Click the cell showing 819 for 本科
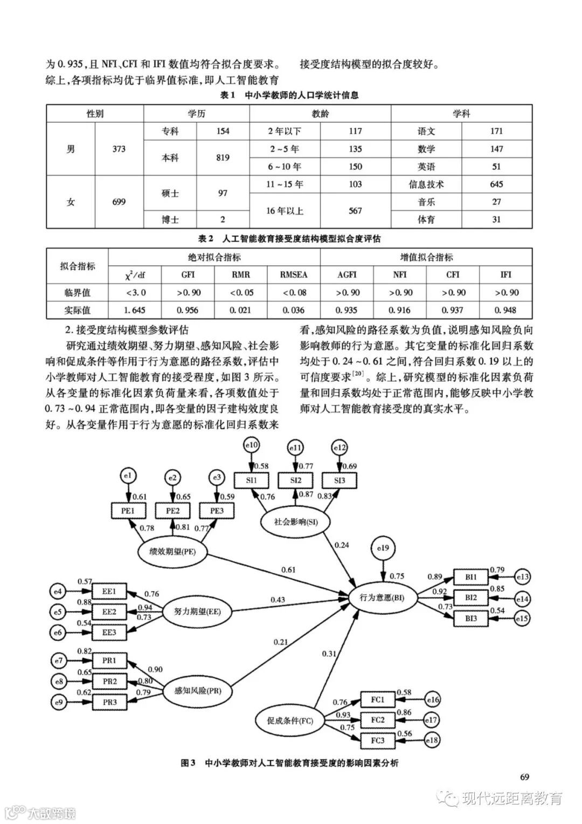[222, 157]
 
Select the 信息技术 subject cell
[426, 184]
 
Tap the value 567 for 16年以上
[355, 211]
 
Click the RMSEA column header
[294, 274]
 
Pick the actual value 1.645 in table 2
[135, 310]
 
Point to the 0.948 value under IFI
[505, 310]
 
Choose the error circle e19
[383, 548]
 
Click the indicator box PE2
[173, 510]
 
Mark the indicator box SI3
[339, 480]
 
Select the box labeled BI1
[471, 577]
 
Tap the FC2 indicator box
[378, 720]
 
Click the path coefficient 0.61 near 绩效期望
[288, 570]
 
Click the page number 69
[525, 777]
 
